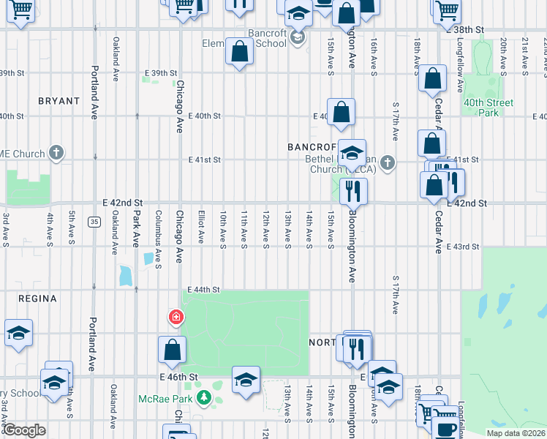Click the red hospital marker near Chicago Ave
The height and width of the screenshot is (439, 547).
coord(176,317)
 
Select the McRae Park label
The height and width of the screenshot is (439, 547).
coord(167,399)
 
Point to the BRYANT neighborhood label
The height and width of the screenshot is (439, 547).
coord(59,101)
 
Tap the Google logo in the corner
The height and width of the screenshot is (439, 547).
coord(25,430)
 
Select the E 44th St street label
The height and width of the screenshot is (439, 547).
coord(203,290)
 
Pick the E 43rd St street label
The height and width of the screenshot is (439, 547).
coord(462,247)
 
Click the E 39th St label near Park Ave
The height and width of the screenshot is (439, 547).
coord(161,73)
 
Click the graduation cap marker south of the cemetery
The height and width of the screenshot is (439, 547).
coord(246,380)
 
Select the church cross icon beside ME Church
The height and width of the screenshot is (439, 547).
coord(57,153)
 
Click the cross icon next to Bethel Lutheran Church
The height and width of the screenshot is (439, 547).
coord(388,163)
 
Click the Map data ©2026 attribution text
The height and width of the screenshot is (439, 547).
coord(515,433)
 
